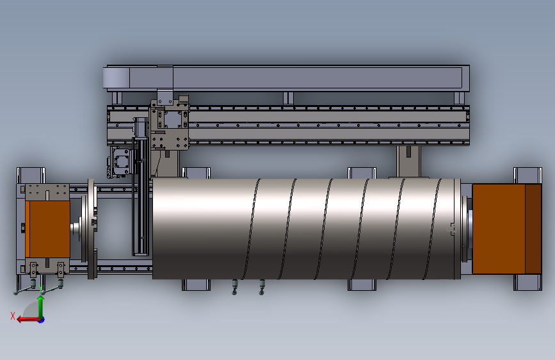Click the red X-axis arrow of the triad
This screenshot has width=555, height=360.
(28, 320)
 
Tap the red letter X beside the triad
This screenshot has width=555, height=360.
(13, 316)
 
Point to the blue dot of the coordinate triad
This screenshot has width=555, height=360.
(42, 320)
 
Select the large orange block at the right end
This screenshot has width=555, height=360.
(506, 229)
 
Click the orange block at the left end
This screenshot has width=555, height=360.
(48, 229)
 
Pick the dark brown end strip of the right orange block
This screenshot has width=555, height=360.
(533, 229)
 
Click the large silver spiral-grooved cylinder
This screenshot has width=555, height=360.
(307, 229)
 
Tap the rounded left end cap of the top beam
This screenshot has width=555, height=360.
(116, 78)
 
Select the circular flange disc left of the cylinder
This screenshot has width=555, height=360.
(92, 229)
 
